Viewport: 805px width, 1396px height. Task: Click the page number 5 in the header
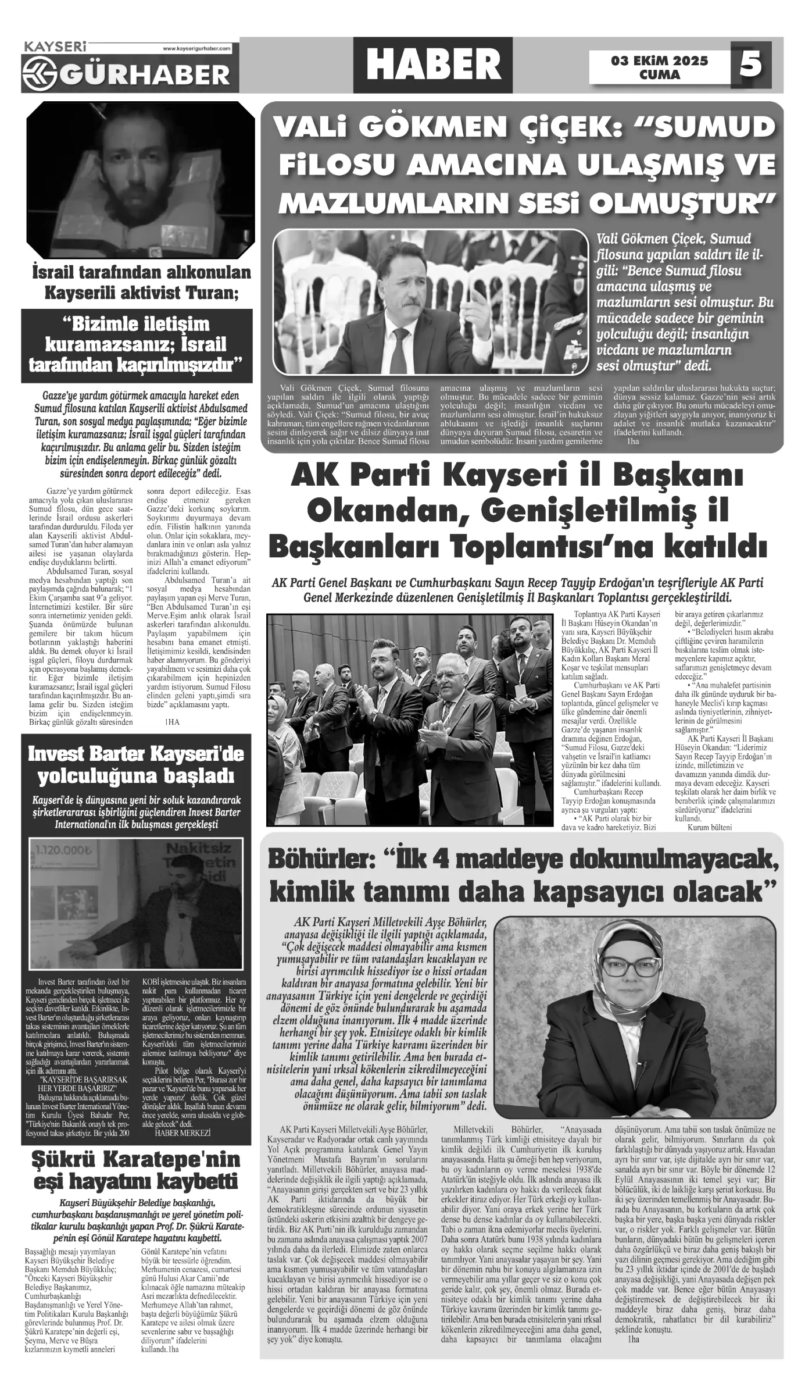pyautogui.click(x=750, y=63)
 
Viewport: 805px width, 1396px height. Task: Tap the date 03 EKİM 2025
pyautogui.click(x=659, y=61)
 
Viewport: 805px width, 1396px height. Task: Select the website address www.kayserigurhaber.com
pyautogui.click(x=197, y=49)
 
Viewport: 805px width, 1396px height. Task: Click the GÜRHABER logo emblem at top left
pyautogui.click(x=39, y=74)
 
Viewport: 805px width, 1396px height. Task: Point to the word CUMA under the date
pyautogui.click(x=659, y=75)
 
